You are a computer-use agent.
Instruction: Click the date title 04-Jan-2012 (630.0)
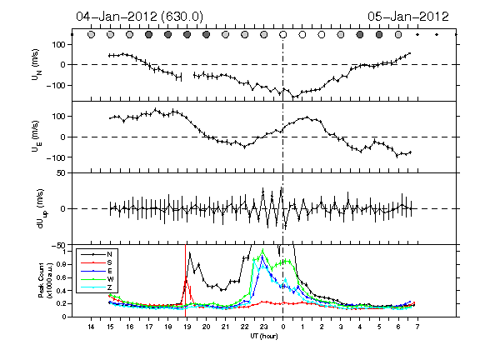[x=140, y=17]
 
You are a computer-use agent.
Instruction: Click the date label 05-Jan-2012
[x=408, y=17]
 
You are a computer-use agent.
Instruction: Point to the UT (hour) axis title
[x=264, y=336]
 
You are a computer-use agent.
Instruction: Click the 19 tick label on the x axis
[x=187, y=327]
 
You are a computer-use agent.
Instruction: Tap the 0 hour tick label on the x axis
[x=283, y=327]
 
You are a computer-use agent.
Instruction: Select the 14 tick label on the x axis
[x=91, y=327]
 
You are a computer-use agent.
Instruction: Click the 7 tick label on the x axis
[x=417, y=327]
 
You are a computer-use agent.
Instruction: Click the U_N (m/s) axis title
[x=37, y=65]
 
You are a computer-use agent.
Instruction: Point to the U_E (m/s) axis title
[x=37, y=137]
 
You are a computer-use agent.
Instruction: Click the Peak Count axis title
[x=44, y=280]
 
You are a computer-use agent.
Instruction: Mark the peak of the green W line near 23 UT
[x=262, y=249]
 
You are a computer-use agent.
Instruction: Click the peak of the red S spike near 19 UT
[x=186, y=277]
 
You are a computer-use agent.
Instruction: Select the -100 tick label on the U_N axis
[x=56, y=85]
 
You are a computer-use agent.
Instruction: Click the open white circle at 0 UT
[x=283, y=35]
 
